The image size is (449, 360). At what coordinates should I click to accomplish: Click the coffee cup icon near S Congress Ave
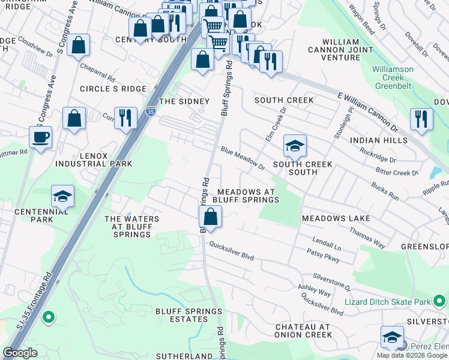(x=40, y=137)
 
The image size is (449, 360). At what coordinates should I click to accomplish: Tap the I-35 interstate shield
(x=150, y=112)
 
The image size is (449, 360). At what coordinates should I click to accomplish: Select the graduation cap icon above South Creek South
(x=295, y=146)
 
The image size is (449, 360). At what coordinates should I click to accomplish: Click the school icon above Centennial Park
(x=62, y=196)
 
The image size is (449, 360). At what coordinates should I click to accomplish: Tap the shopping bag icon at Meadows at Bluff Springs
(x=211, y=216)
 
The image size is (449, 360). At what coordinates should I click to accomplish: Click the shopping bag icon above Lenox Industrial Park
(x=74, y=118)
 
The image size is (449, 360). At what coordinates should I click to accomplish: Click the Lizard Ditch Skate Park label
(x=388, y=302)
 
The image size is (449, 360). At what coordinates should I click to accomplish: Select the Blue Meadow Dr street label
(x=242, y=157)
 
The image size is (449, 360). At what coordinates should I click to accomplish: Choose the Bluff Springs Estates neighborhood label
(x=189, y=315)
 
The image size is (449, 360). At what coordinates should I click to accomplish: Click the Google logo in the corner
(x=20, y=353)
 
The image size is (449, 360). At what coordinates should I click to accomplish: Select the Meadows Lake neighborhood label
(x=336, y=218)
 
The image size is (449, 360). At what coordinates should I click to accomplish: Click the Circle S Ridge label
(x=113, y=89)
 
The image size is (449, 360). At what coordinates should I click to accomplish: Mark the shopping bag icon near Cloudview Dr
(x=78, y=44)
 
